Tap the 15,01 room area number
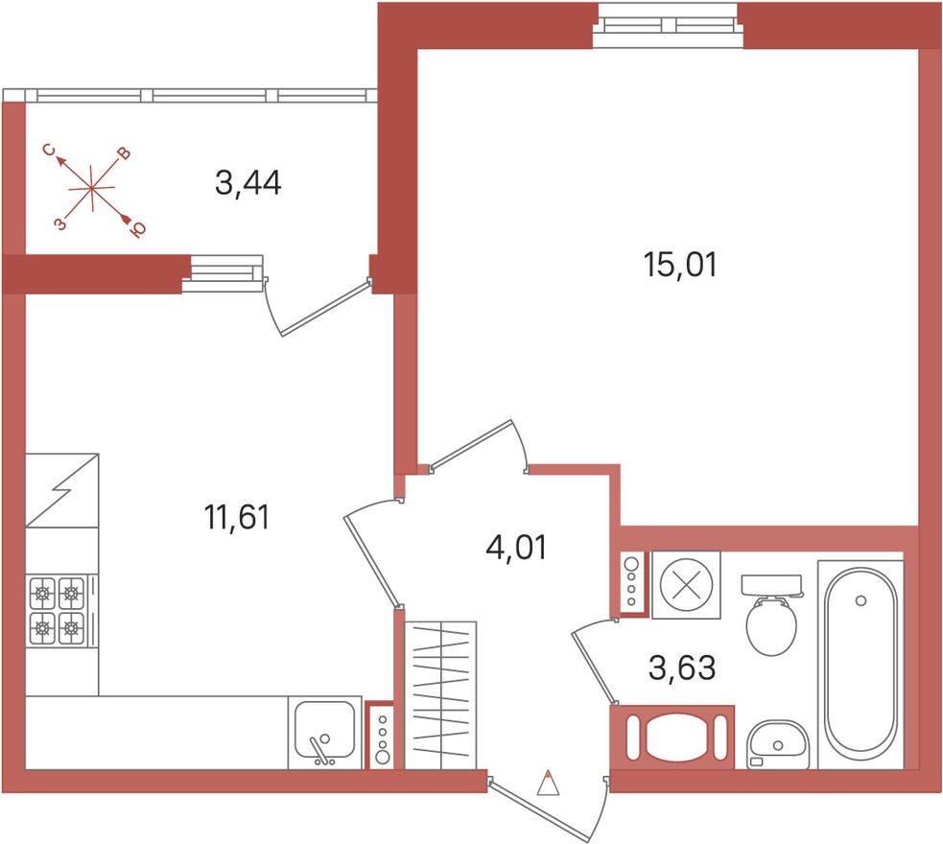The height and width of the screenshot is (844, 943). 680,265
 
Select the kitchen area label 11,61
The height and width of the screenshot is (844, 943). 236,518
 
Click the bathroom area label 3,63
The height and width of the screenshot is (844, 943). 681,668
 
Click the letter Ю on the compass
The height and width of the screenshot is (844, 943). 137,228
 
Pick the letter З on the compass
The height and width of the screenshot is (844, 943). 59,223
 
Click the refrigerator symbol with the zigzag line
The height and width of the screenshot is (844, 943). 62,490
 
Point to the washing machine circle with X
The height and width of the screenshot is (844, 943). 686,585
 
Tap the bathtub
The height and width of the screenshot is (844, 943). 860,663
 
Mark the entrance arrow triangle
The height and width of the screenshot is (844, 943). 547,785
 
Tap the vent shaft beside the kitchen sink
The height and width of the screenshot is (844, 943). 382,737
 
